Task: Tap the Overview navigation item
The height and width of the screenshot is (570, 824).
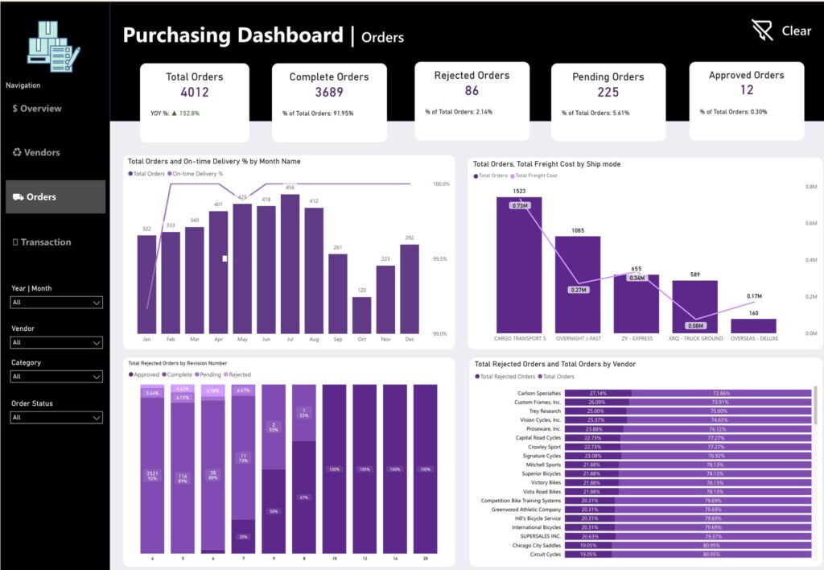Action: click(x=37, y=109)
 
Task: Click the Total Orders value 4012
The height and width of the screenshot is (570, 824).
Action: click(x=194, y=93)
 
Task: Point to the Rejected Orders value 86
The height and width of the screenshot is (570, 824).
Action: click(x=472, y=91)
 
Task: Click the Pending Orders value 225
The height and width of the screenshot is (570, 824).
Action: click(x=608, y=93)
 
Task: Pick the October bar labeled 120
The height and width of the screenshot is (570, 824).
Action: click(x=362, y=315)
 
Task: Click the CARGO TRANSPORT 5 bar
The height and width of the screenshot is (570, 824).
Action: click(x=519, y=265)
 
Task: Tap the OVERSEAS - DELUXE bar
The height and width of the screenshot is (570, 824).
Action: click(x=754, y=325)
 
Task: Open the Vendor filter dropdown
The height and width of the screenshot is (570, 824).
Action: click(x=56, y=342)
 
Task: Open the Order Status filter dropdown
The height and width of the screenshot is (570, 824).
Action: click(x=56, y=417)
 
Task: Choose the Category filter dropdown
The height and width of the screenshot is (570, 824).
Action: click(x=56, y=376)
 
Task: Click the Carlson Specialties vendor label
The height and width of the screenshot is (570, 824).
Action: click(x=539, y=393)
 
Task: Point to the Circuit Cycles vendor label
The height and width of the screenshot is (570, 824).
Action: click(x=545, y=554)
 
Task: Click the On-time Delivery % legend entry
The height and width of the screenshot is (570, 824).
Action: click(x=198, y=173)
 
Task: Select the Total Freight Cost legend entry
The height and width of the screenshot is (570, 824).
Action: click(x=535, y=176)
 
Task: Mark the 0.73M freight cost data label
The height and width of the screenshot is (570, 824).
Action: click(x=519, y=206)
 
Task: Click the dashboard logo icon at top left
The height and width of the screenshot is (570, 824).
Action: click(x=53, y=44)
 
